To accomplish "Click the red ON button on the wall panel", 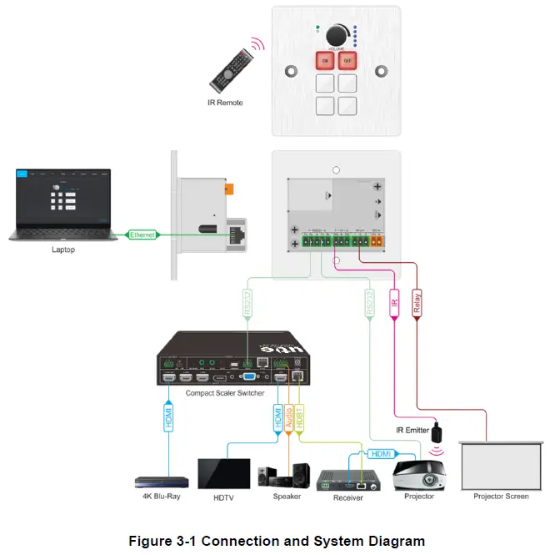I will click(x=325, y=60).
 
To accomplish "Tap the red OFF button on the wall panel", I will click(x=347, y=60).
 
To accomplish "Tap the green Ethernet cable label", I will click(x=142, y=235).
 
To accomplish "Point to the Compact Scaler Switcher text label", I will click(x=224, y=393).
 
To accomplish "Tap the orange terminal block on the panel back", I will click(x=376, y=243).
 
